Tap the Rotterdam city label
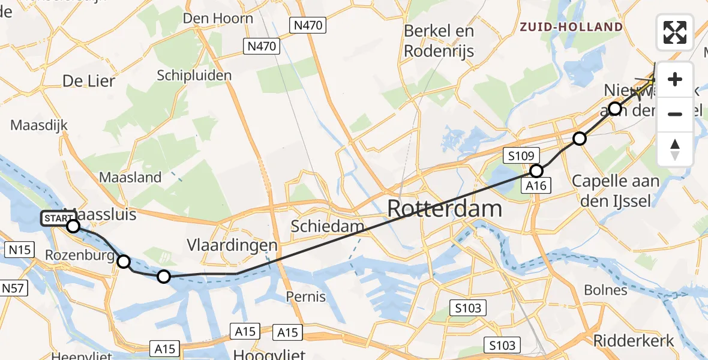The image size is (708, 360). click(445, 209)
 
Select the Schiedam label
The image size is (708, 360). click(328, 226)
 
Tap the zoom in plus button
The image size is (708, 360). click(675, 79)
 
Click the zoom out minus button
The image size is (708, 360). click(675, 114)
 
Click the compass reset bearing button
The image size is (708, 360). click(675, 149)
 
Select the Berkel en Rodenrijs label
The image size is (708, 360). click(439, 41)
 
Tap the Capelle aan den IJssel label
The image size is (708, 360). click(615, 190)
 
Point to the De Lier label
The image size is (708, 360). click(89, 80)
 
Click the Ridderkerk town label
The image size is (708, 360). click(634, 341)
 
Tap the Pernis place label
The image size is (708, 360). click(306, 296)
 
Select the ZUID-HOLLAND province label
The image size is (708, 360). click(571, 27)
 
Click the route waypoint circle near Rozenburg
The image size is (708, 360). click(123, 262)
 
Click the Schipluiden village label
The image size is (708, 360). click(194, 76)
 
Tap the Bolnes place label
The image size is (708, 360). click(607, 290)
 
